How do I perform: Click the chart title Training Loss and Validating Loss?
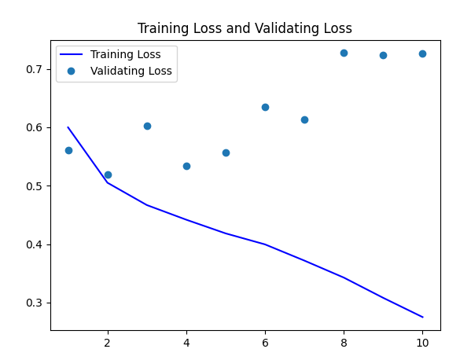click(x=245, y=28)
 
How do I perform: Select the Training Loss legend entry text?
click(x=125, y=55)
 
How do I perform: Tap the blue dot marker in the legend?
click(x=72, y=71)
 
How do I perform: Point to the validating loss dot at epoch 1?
click(x=68, y=150)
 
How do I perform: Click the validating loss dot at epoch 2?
click(x=108, y=174)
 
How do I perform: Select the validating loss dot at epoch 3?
click(x=147, y=126)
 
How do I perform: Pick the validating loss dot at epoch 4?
click(x=186, y=166)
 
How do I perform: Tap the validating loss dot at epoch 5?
click(x=226, y=152)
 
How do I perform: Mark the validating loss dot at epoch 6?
click(x=265, y=107)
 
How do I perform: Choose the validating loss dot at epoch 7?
click(x=304, y=119)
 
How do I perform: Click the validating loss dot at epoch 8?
click(x=344, y=53)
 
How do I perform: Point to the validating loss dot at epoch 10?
click(x=422, y=53)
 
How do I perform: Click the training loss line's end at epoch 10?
click(x=422, y=317)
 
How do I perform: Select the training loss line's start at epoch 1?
click(x=68, y=127)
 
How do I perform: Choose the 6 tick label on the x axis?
click(x=265, y=343)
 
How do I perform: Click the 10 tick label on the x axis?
click(x=422, y=343)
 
